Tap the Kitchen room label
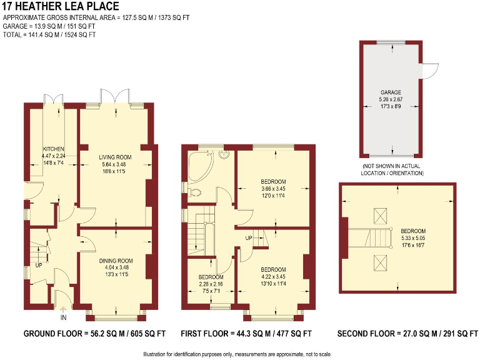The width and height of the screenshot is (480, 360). pyautogui.click(x=53, y=149)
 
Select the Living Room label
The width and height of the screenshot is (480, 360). pyautogui.click(x=115, y=157)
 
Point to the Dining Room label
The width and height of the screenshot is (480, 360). pyautogui.click(x=116, y=261)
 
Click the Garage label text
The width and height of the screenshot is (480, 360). pyautogui.click(x=391, y=92)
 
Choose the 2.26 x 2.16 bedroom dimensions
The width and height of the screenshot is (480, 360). pyautogui.click(x=211, y=284)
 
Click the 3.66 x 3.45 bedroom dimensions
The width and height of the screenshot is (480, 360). pyautogui.click(x=273, y=189)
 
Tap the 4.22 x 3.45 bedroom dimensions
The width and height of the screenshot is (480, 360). pyautogui.click(x=273, y=276)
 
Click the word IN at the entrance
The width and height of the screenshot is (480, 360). pyautogui.click(x=63, y=317)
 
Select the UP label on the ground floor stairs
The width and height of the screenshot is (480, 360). pyautogui.click(x=38, y=265)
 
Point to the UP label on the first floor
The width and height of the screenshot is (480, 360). pyautogui.click(x=248, y=238)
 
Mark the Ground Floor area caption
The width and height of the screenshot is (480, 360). pyautogui.click(x=94, y=334)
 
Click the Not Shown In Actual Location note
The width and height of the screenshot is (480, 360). pyautogui.click(x=392, y=169)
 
